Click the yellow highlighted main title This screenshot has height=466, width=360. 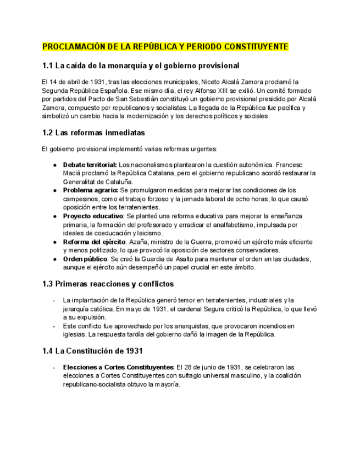(x=165, y=47)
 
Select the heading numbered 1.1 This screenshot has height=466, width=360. (x=141, y=66)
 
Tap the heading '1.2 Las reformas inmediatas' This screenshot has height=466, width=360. (x=93, y=132)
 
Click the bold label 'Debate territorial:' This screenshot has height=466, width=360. (x=90, y=165)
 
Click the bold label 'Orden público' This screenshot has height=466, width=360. (x=85, y=259)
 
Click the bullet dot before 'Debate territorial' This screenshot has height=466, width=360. (x=54, y=165)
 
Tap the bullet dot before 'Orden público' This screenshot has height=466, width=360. (x=54, y=259)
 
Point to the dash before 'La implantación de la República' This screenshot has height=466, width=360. (x=53, y=300)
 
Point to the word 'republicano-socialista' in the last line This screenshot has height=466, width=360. (x=94, y=385)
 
